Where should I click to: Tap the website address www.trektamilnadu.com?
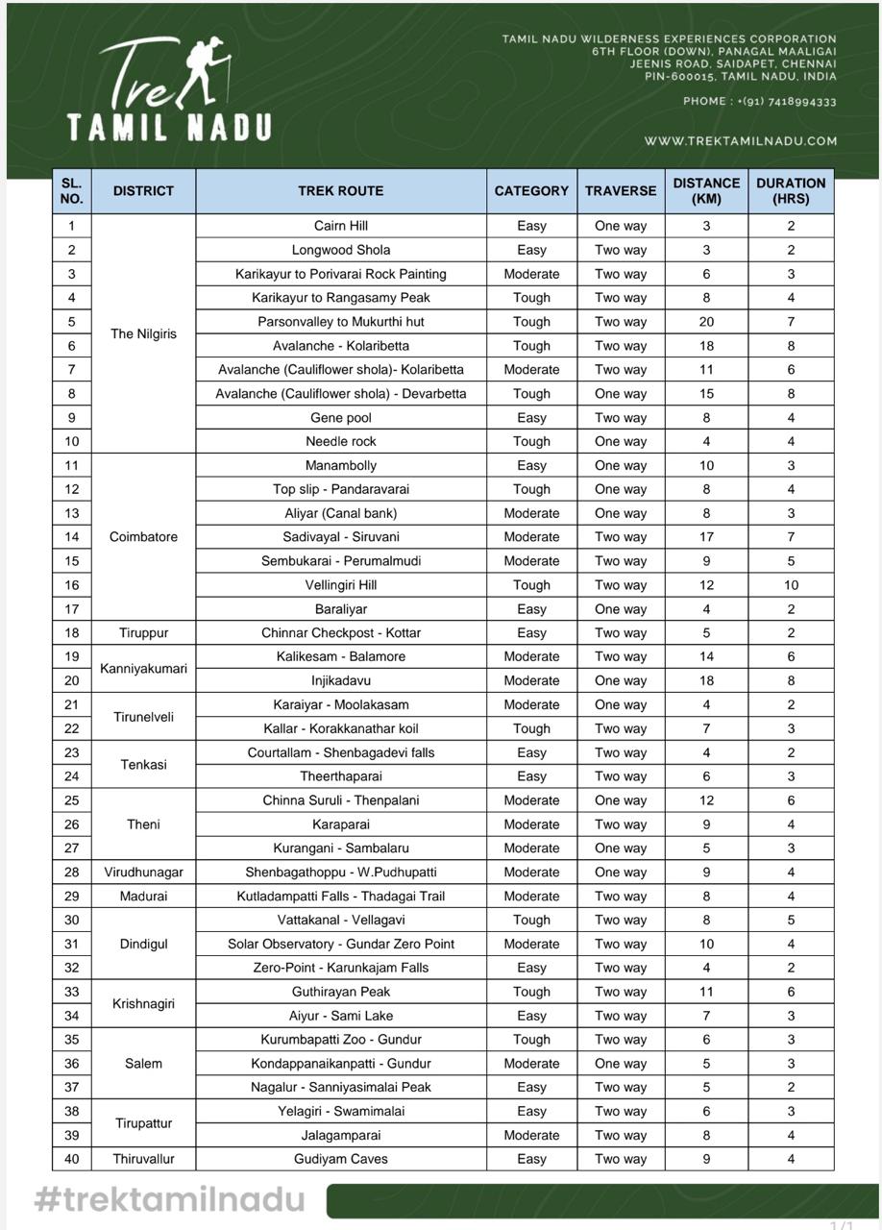740,140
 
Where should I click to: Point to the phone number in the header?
759,101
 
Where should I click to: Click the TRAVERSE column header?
621,190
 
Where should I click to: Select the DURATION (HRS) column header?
791,190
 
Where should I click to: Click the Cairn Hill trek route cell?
341,226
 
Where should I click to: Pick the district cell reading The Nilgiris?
143,333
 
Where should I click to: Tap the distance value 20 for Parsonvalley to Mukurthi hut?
706,322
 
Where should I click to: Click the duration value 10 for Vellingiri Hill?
791,584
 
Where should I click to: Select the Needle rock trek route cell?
341,441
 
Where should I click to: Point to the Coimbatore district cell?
143,536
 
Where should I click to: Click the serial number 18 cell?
72,632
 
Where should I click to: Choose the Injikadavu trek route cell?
341,680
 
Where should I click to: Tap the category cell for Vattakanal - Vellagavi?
531,920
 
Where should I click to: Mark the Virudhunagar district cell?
143,872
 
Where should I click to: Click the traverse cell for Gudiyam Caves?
621,1159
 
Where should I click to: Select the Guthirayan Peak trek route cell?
341,992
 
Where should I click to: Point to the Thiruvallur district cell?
143,1159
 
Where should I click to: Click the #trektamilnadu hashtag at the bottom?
169,1198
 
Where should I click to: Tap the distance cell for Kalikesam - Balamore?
706,656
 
